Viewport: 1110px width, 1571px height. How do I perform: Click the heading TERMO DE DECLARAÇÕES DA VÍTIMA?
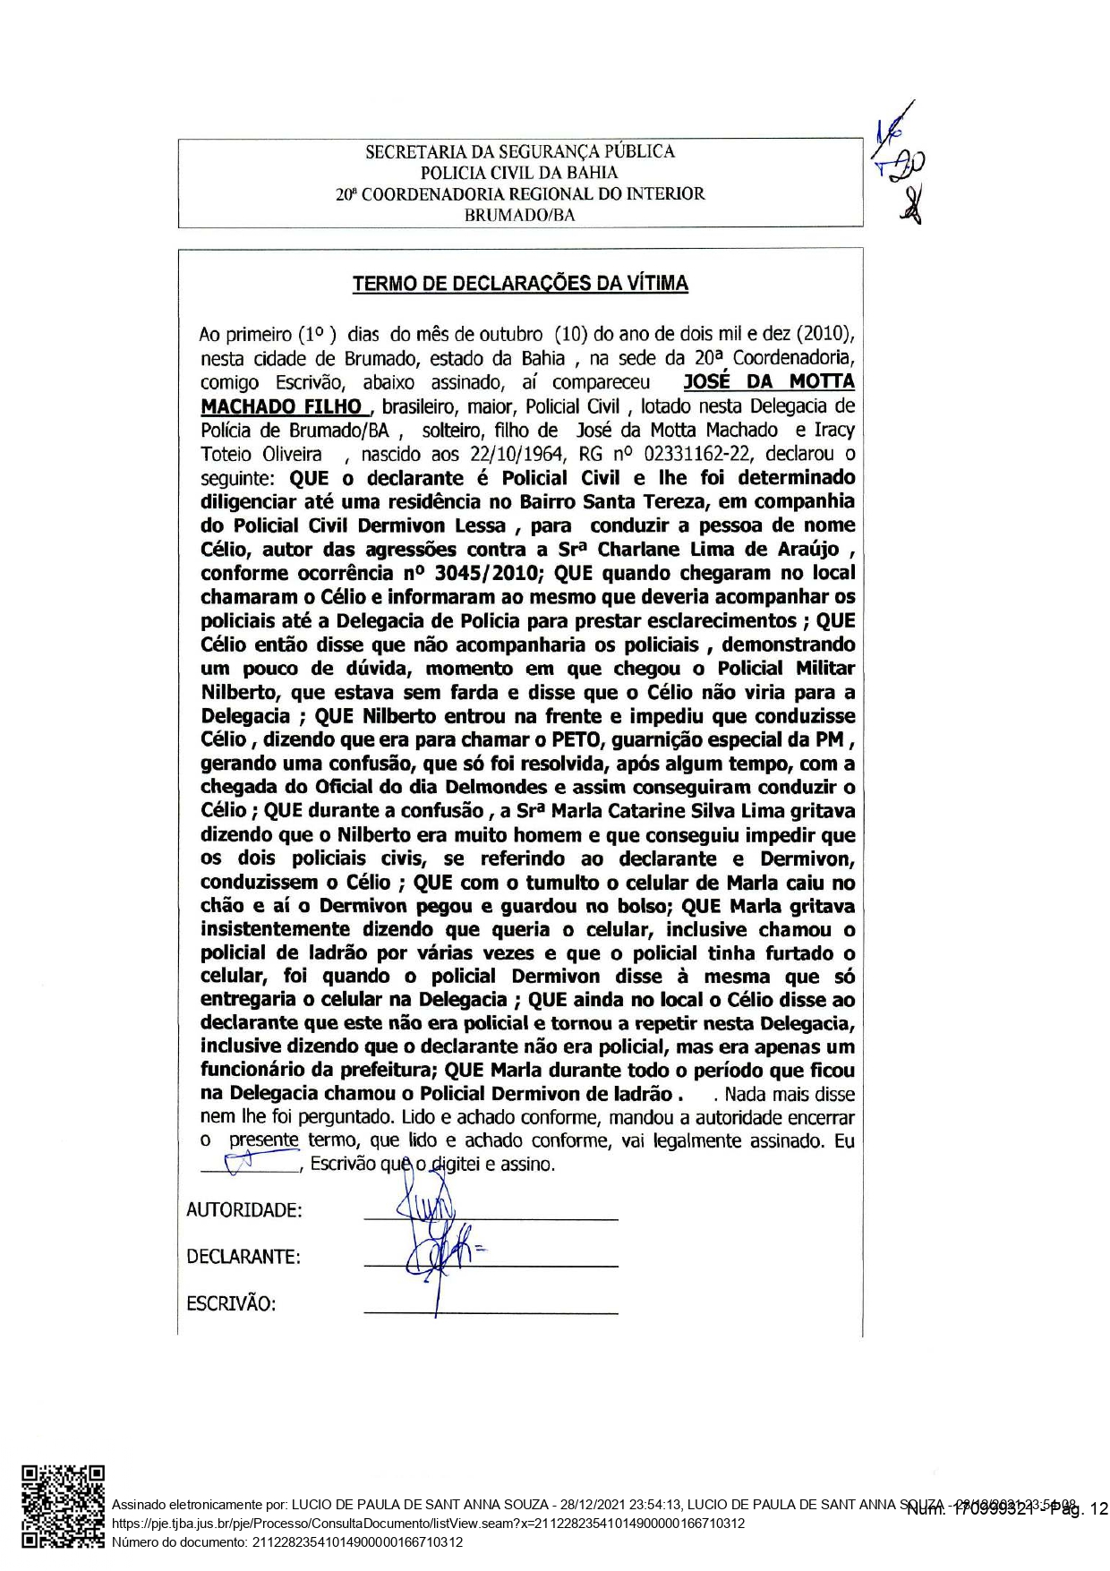520,284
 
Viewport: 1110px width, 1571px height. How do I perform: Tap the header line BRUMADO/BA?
520,215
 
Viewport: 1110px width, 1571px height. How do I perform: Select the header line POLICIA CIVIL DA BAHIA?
520,173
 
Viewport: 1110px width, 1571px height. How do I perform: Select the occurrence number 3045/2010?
491,573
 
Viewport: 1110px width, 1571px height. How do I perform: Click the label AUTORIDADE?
243,1210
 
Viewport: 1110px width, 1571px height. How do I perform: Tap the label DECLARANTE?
243,1257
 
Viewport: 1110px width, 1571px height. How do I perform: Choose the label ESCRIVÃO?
231,1303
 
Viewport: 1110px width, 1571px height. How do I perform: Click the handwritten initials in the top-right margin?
900,161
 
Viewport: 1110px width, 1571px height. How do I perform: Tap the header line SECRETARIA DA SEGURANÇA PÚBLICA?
520,151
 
